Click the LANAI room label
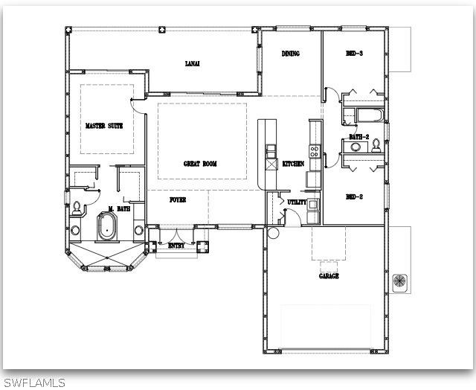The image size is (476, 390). coord(191,64)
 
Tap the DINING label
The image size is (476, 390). coord(290,54)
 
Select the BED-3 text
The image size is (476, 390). coord(354,54)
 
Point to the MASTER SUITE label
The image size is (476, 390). coord(103,126)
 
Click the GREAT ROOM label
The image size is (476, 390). coord(201,164)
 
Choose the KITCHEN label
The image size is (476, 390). coord(293,164)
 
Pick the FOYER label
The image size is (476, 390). coord(177,200)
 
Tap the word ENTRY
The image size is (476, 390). coord(176,245)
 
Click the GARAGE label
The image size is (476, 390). coord(329,276)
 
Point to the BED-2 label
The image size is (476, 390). coord(354,197)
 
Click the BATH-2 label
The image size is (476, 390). coord(360,137)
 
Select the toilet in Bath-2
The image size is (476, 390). coord(376,145)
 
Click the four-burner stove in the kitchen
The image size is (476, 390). coord(315,152)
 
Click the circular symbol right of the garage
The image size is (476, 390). coord(400,281)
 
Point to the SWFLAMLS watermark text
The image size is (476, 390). coord(33,383)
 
